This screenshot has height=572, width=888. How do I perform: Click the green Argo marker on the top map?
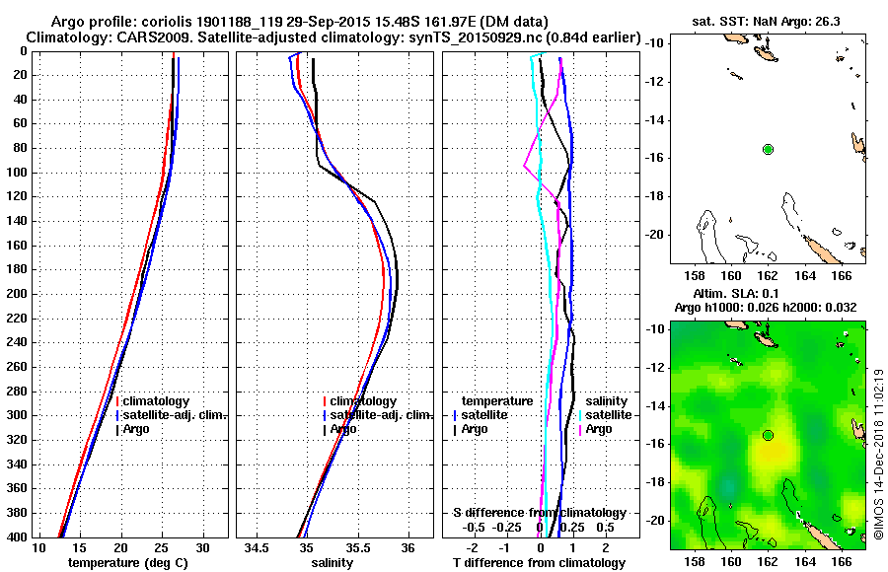(x=768, y=149)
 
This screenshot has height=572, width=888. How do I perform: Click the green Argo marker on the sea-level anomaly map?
(x=768, y=435)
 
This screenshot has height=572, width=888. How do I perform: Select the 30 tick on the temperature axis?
(x=203, y=547)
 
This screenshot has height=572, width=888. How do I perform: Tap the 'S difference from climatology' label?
(x=539, y=513)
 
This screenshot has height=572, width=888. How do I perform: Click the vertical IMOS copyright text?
(x=878, y=454)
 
